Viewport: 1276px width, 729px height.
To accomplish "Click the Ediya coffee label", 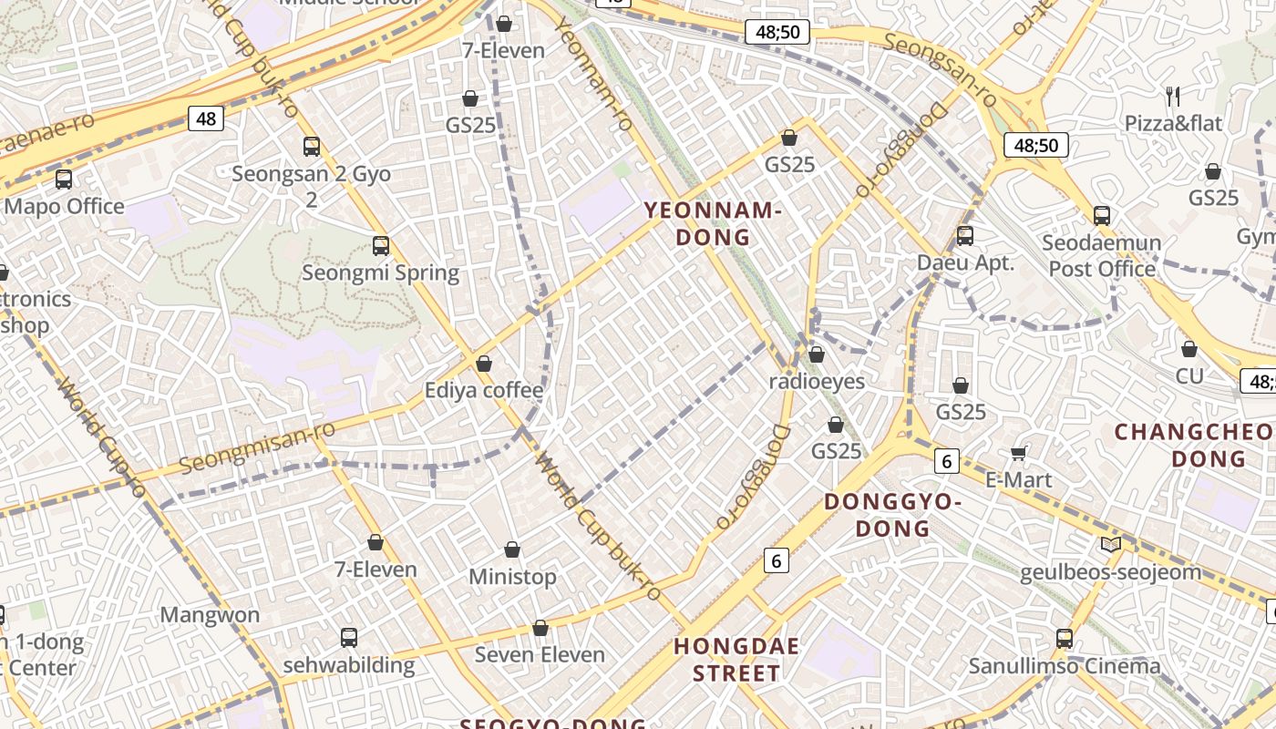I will tap(484, 391).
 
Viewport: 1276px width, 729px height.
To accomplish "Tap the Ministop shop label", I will tap(512, 577).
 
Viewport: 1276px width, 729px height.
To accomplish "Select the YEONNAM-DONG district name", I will tap(713, 224).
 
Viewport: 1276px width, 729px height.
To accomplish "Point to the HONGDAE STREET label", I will tap(736, 661).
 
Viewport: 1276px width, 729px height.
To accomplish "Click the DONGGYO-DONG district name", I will tap(892, 515).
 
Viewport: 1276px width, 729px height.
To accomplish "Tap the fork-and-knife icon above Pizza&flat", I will tap(1173, 96).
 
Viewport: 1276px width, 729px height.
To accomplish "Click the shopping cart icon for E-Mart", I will tap(1019, 453).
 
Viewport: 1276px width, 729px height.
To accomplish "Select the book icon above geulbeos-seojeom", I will tap(1110, 545).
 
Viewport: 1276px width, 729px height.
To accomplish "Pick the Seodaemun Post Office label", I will tap(1101, 256).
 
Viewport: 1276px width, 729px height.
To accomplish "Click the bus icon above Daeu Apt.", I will tap(965, 236).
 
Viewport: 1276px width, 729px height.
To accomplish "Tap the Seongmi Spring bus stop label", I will tap(381, 272).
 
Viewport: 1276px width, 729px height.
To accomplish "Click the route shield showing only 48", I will tap(206, 118).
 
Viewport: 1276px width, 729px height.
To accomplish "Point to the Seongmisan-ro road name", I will tap(251, 449).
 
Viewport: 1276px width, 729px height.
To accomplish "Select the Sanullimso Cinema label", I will tap(1065, 666).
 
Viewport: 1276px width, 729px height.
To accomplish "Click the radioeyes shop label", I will tap(817, 381).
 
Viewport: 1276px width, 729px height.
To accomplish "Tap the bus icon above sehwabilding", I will tap(349, 638).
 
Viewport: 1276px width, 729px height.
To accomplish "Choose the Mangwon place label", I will tap(210, 615).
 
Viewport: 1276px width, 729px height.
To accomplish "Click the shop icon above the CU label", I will tap(1189, 349).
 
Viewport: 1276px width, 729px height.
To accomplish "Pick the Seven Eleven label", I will tap(540, 654).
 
